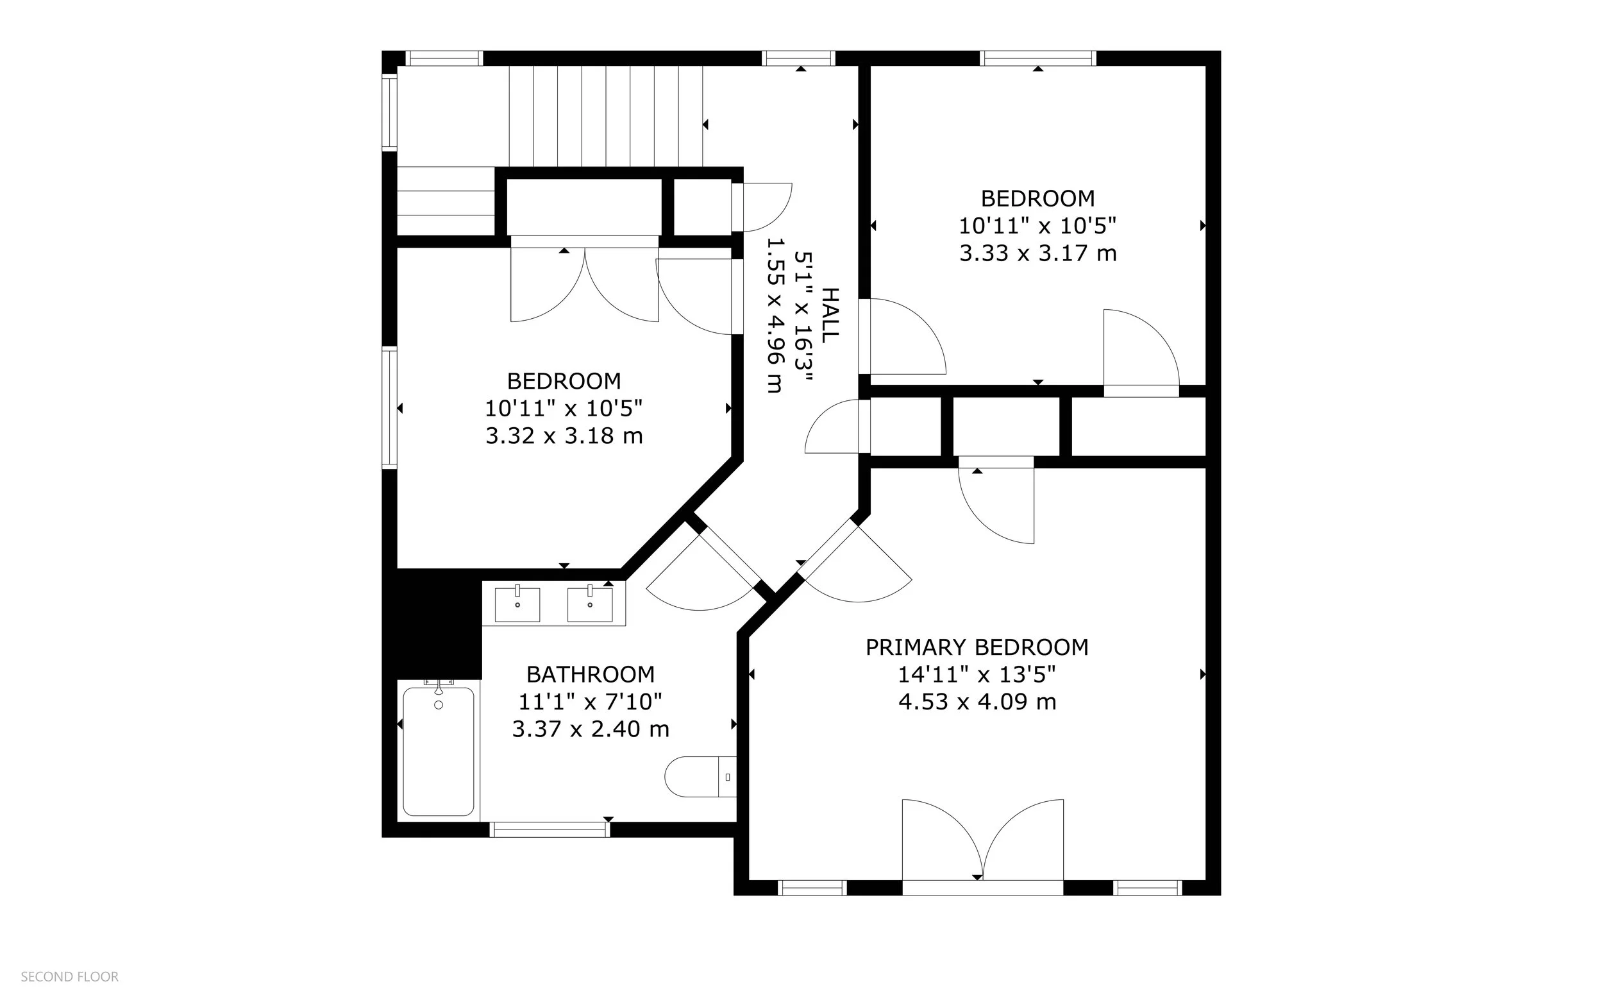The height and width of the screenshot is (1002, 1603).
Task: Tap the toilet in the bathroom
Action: click(700, 777)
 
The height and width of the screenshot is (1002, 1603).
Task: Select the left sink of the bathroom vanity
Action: click(517, 604)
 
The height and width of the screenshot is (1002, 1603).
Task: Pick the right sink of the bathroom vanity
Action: click(589, 604)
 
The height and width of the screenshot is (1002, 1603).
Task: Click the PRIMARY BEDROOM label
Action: click(977, 647)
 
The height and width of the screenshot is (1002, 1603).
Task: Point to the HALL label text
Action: click(829, 316)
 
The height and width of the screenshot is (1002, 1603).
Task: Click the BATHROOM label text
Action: click(590, 675)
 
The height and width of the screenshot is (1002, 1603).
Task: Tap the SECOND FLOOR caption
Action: click(69, 977)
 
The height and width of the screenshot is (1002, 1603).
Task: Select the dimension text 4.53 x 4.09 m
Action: click(977, 702)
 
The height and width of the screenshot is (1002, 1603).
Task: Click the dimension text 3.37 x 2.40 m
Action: click(590, 729)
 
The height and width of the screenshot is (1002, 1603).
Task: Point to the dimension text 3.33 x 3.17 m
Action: click(1038, 254)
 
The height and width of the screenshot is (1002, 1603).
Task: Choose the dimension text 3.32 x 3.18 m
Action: click(564, 436)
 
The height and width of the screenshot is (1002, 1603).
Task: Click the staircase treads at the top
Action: click(605, 116)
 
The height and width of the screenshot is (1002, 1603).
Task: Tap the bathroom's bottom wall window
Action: click(550, 829)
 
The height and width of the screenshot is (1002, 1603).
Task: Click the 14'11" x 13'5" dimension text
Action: click(977, 675)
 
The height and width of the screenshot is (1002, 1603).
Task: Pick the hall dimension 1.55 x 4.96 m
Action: click(775, 316)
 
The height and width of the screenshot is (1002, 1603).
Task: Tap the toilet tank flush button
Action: click(728, 777)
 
